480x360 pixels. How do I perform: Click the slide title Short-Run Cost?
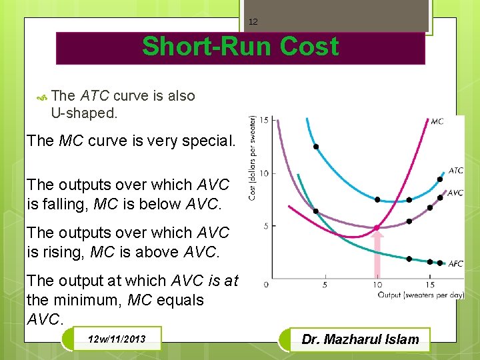coord(240,47)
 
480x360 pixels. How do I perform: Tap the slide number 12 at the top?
coord(253,22)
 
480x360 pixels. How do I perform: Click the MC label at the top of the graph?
coord(437,121)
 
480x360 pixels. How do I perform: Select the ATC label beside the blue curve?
coord(455,171)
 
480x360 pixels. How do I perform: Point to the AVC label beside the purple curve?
coord(455,193)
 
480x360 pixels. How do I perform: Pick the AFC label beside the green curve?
coord(455,264)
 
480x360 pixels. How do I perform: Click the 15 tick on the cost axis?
coord(264,120)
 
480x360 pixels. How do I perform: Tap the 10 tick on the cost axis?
coord(264,173)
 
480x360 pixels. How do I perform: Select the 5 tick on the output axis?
coord(325,285)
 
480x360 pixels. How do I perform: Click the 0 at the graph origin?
coord(266,285)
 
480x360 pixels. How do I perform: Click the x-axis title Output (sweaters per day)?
coord(420,294)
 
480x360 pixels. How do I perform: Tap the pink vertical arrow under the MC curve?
coord(377,257)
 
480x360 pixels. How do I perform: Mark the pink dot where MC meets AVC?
coord(377,228)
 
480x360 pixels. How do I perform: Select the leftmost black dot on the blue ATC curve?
coord(316,147)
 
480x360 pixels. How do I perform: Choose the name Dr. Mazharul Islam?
coord(360,339)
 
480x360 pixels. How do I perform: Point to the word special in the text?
coord(208,141)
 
